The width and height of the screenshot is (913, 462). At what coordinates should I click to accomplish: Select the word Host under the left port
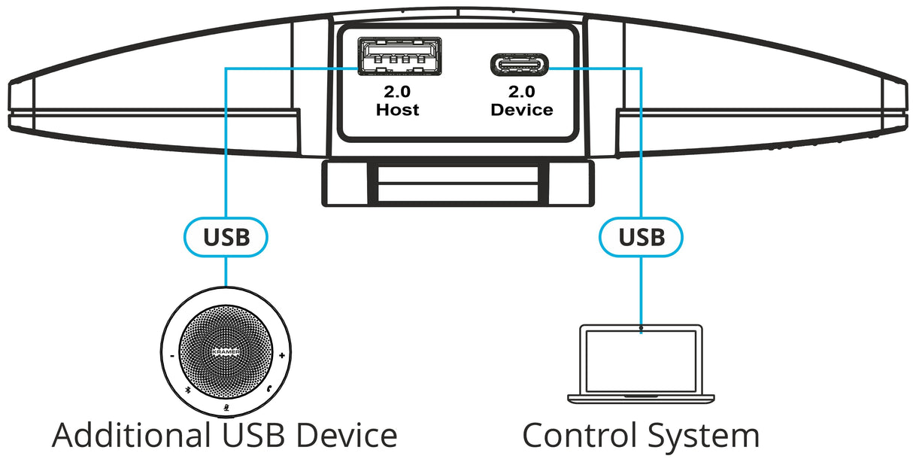click(397, 110)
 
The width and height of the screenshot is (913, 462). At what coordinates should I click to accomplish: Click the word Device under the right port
click(521, 110)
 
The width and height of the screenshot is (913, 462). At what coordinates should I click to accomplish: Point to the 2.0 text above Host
click(398, 93)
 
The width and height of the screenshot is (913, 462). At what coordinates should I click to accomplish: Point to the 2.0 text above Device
click(521, 93)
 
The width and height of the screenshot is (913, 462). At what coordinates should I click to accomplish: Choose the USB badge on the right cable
click(642, 238)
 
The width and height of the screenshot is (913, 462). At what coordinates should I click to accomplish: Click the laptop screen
click(640, 361)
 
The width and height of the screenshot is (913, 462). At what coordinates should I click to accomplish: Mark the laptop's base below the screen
click(641, 397)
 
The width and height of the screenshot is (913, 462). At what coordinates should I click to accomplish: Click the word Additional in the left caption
click(131, 436)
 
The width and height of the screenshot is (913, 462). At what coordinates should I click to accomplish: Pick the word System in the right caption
click(703, 436)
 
